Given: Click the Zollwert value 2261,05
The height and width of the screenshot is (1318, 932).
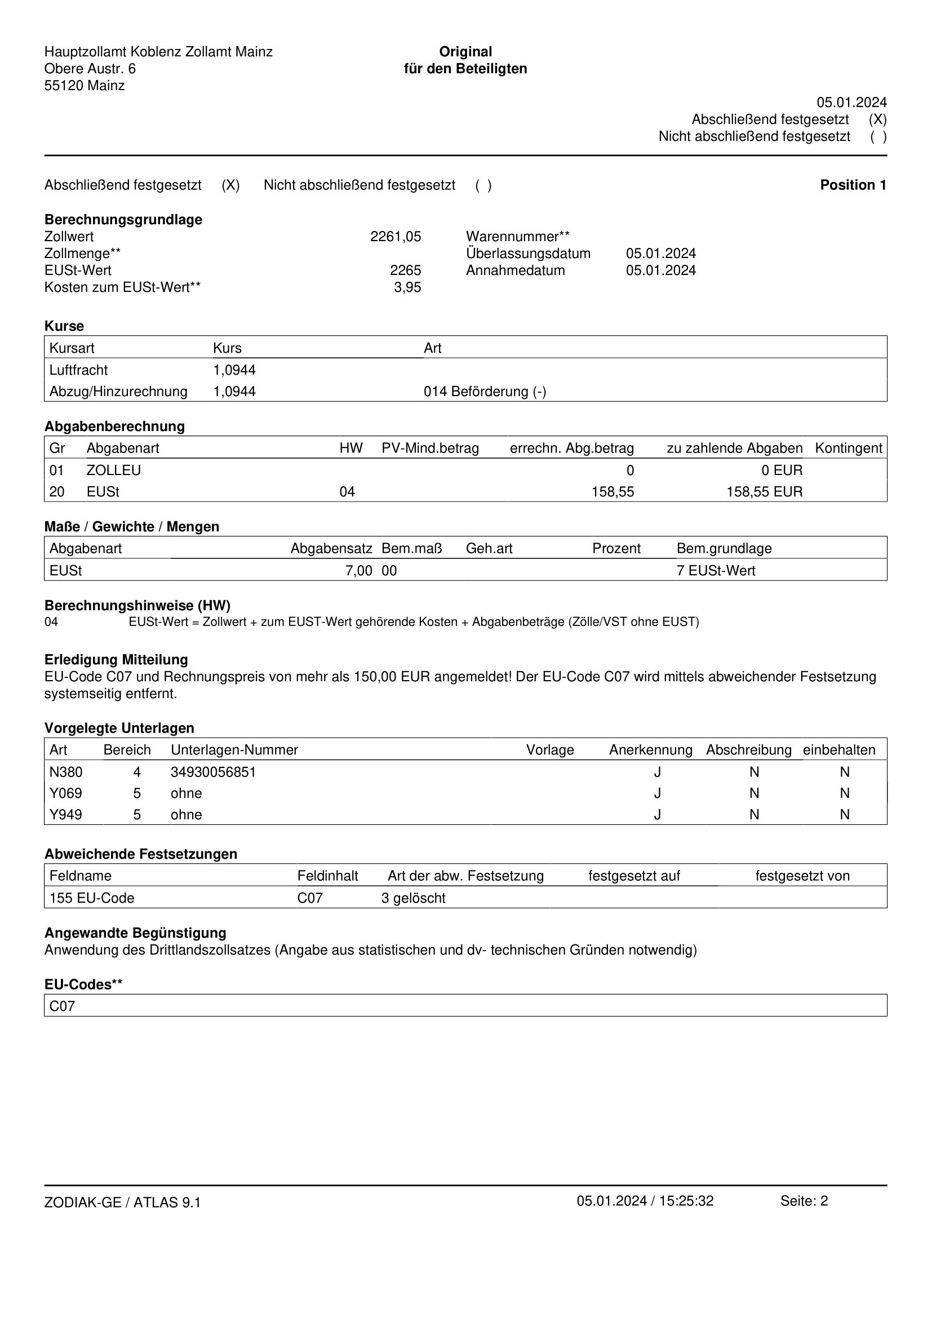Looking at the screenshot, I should coord(396,237).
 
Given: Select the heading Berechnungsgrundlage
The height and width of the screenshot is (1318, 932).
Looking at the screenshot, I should coord(123,220).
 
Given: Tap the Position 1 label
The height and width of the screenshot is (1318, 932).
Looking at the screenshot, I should coord(853,185).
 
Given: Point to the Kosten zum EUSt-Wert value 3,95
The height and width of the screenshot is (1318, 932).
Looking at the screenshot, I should coord(407,287).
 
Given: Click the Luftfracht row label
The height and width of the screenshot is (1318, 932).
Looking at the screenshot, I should coord(79,370).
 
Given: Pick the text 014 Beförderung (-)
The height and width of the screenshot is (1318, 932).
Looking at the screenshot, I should coord(485,392).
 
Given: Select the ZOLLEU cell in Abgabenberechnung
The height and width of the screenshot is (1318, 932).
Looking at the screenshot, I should coord(114,471).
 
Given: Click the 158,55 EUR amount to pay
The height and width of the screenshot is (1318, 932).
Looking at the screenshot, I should coord(764,492).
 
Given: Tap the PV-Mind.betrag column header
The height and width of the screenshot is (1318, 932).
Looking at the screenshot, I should coord(430,449).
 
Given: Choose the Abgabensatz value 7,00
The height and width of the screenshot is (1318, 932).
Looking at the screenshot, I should coord(359,571).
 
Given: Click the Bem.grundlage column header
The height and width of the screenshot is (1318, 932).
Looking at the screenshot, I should coord(724,549).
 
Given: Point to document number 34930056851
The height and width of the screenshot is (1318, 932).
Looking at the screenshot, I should coord(213,772).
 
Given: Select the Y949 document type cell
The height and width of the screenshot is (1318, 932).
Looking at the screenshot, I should coord(65,815).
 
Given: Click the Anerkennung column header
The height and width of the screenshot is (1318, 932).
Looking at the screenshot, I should coord(650,750).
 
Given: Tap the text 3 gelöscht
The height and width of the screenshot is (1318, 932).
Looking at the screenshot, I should coord(413,898).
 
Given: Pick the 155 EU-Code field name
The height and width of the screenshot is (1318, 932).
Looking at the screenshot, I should coord(92,898).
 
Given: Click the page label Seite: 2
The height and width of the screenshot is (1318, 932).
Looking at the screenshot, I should coord(804,1201).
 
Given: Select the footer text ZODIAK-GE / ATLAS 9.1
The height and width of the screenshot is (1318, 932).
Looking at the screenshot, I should coord(122,1202).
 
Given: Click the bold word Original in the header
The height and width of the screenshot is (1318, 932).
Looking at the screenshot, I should coord(465,52).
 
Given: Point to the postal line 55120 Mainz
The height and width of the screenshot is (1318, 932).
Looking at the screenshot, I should coord(85,86).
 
